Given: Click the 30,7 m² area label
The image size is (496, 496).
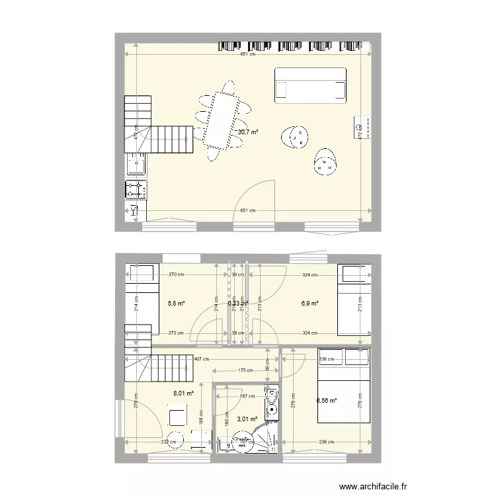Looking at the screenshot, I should pos(247,132).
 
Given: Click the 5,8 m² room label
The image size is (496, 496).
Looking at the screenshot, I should pos(177,304).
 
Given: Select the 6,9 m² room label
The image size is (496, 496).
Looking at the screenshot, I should pos(310,304).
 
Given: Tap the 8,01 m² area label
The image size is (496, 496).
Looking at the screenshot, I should pos(183,393).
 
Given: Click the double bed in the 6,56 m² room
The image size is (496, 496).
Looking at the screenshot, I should pos(343,386).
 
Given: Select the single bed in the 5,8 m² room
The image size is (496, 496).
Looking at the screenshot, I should pos(144,298).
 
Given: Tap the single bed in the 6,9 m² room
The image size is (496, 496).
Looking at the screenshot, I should pos(351,300).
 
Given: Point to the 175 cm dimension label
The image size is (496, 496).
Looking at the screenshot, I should pos(245,370).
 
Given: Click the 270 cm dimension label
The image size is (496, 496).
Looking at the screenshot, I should pos(176,274).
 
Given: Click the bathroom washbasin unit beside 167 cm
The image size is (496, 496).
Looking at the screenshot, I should pos(270,404).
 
